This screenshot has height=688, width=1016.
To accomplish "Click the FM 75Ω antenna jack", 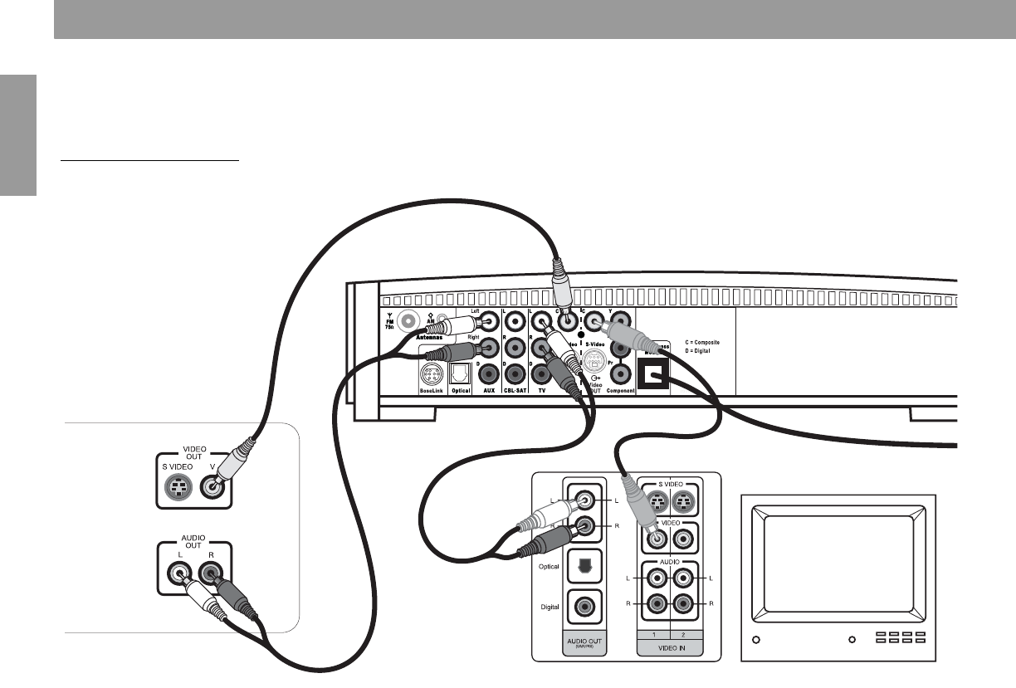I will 408,320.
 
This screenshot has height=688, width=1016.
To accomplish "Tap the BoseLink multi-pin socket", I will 431,374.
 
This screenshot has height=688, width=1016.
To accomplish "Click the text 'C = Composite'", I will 708,342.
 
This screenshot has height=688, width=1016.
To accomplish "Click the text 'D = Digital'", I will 703,351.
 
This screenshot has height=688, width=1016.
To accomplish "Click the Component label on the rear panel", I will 619,390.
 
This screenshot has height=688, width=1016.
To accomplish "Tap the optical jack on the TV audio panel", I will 579,566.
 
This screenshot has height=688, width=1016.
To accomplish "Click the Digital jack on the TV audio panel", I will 579,607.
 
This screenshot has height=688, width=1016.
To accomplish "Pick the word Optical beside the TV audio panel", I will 550,566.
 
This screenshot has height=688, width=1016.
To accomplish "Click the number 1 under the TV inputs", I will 653,632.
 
